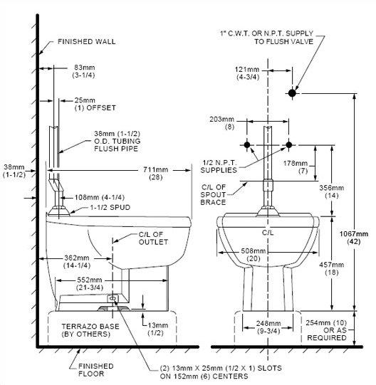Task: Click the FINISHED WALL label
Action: pos(86,42)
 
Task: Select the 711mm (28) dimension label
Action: pos(156,173)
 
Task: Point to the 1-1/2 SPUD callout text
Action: pos(110,208)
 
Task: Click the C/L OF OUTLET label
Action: pos(153,238)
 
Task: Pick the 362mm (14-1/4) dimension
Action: pos(77,261)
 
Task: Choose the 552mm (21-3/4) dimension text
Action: pos(90,284)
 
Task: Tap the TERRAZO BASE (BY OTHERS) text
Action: pos(90,330)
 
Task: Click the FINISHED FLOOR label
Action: pos(96,370)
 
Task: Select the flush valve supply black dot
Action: pos(292,93)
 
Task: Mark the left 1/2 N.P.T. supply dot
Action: pos(247,145)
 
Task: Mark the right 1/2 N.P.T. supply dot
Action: pos(288,145)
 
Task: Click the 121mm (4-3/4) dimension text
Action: pos(248,73)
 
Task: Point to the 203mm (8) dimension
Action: pos(222,123)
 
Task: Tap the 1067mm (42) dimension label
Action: pos(354,238)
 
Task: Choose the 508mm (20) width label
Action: pos(254,255)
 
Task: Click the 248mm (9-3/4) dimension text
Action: pos(268,327)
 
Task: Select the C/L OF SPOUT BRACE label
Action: pos(213,195)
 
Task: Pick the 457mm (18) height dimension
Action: pos(332,268)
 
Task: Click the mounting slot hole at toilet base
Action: pos(113,298)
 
